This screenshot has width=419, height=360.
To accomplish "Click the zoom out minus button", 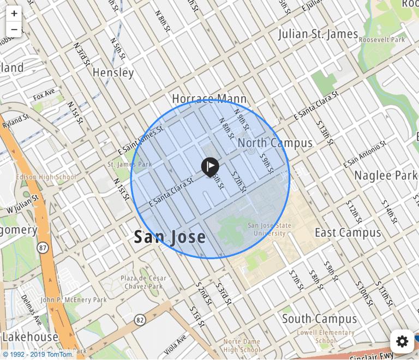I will [x=14, y=29].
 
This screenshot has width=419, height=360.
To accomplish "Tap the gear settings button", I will [x=402, y=341].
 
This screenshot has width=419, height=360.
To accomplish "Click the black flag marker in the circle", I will [x=210, y=166].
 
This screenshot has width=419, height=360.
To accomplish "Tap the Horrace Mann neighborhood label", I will [x=209, y=99].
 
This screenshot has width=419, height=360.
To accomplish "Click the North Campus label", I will [x=275, y=143].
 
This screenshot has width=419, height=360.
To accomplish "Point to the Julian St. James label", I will [x=318, y=34].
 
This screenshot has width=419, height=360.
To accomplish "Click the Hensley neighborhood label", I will [x=113, y=73].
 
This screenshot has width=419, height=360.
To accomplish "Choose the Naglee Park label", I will [x=385, y=176].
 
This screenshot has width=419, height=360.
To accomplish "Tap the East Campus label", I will [x=348, y=233].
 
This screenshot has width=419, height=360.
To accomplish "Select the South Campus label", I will [x=319, y=319].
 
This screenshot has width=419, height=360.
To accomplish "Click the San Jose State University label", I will [x=270, y=230].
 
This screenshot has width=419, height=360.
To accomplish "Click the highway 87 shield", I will [x=42, y=248].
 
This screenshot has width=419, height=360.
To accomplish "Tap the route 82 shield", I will [x=140, y=319].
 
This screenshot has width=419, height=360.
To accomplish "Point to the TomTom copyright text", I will [x=38, y=354].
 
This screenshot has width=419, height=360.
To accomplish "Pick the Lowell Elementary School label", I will [x=326, y=337].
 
